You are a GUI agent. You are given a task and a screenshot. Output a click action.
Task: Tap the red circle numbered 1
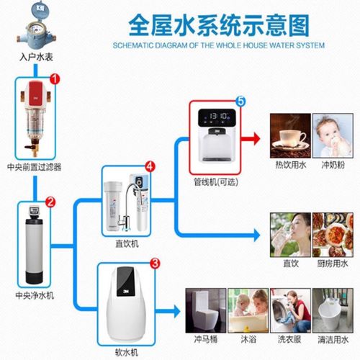(x=55, y=79)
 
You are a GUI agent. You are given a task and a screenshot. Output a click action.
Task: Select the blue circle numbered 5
(x=240, y=101)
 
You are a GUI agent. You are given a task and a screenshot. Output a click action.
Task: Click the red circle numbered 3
(x=155, y=264)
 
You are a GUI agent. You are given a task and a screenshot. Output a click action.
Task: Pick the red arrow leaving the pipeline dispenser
(x=251, y=139)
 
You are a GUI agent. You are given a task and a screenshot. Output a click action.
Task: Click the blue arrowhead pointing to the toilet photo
(x=176, y=312)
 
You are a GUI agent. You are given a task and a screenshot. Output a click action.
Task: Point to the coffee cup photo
(x=290, y=136)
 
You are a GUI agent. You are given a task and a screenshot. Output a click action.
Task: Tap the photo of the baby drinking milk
(x=333, y=136)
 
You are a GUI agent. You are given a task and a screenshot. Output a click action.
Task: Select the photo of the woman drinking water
(x=290, y=235)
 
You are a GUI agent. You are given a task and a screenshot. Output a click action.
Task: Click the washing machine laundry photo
(x=290, y=310)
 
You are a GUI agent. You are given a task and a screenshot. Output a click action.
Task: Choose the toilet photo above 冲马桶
(x=206, y=310)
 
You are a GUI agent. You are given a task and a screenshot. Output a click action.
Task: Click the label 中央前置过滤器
(x=35, y=167)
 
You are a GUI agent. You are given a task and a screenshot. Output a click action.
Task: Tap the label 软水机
(x=127, y=352)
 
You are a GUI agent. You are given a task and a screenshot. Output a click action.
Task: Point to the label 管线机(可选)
(x=216, y=182)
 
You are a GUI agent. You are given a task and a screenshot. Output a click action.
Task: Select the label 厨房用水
(x=333, y=264)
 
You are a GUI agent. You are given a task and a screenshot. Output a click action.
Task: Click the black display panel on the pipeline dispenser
(x=217, y=117)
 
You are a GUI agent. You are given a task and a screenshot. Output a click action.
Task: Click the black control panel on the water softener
(x=125, y=282)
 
